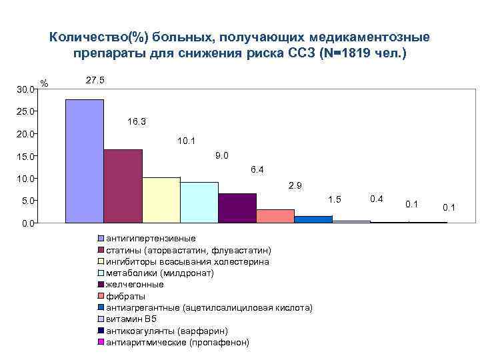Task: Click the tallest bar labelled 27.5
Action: click(x=85, y=161)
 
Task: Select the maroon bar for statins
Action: click(x=123, y=186)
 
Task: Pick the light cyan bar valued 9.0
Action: click(x=199, y=202)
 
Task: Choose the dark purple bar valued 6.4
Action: click(x=237, y=208)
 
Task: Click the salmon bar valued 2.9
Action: click(x=275, y=216)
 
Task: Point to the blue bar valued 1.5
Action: click(x=313, y=219)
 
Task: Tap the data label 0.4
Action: click(x=376, y=199)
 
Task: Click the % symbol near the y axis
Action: click(x=45, y=83)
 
